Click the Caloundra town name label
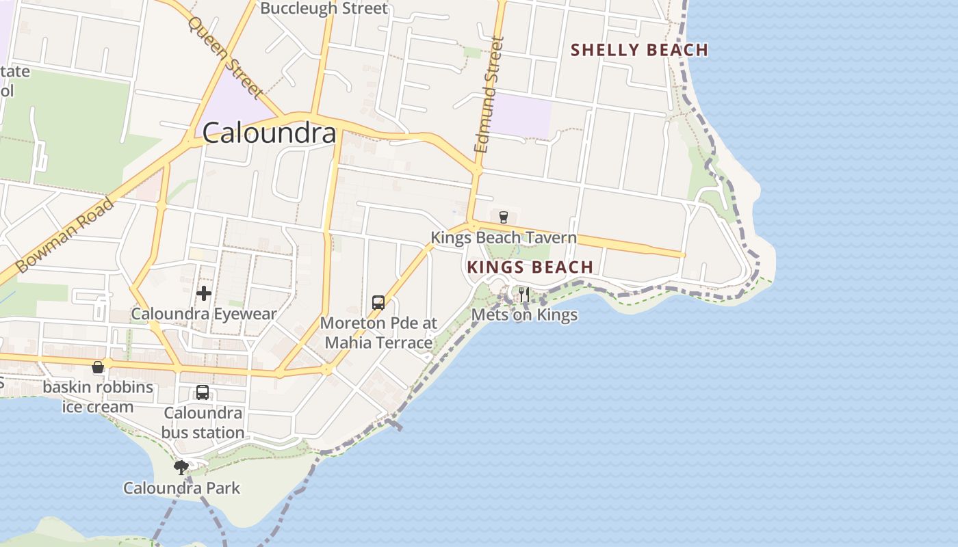click(x=270, y=133)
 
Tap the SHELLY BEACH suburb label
click(x=639, y=50)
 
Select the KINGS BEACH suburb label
click(x=530, y=267)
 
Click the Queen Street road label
click(x=225, y=57)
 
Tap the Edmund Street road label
click(x=489, y=94)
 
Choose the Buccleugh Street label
click(x=324, y=8)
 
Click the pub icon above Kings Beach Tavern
click(x=504, y=217)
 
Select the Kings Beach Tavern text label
click(x=504, y=238)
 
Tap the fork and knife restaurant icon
click(x=524, y=295)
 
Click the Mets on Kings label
click(x=525, y=315)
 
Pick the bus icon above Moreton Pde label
click(x=378, y=302)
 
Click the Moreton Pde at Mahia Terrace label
click(x=378, y=332)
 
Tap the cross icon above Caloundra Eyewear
click(x=204, y=294)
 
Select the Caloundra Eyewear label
click(x=204, y=315)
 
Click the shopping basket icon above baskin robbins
click(x=98, y=367)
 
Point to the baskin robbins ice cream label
click(x=98, y=397)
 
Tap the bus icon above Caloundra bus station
click(x=203, y=392)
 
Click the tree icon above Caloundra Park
click(x=181, y=468)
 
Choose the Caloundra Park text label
click(x=182, y=488)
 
